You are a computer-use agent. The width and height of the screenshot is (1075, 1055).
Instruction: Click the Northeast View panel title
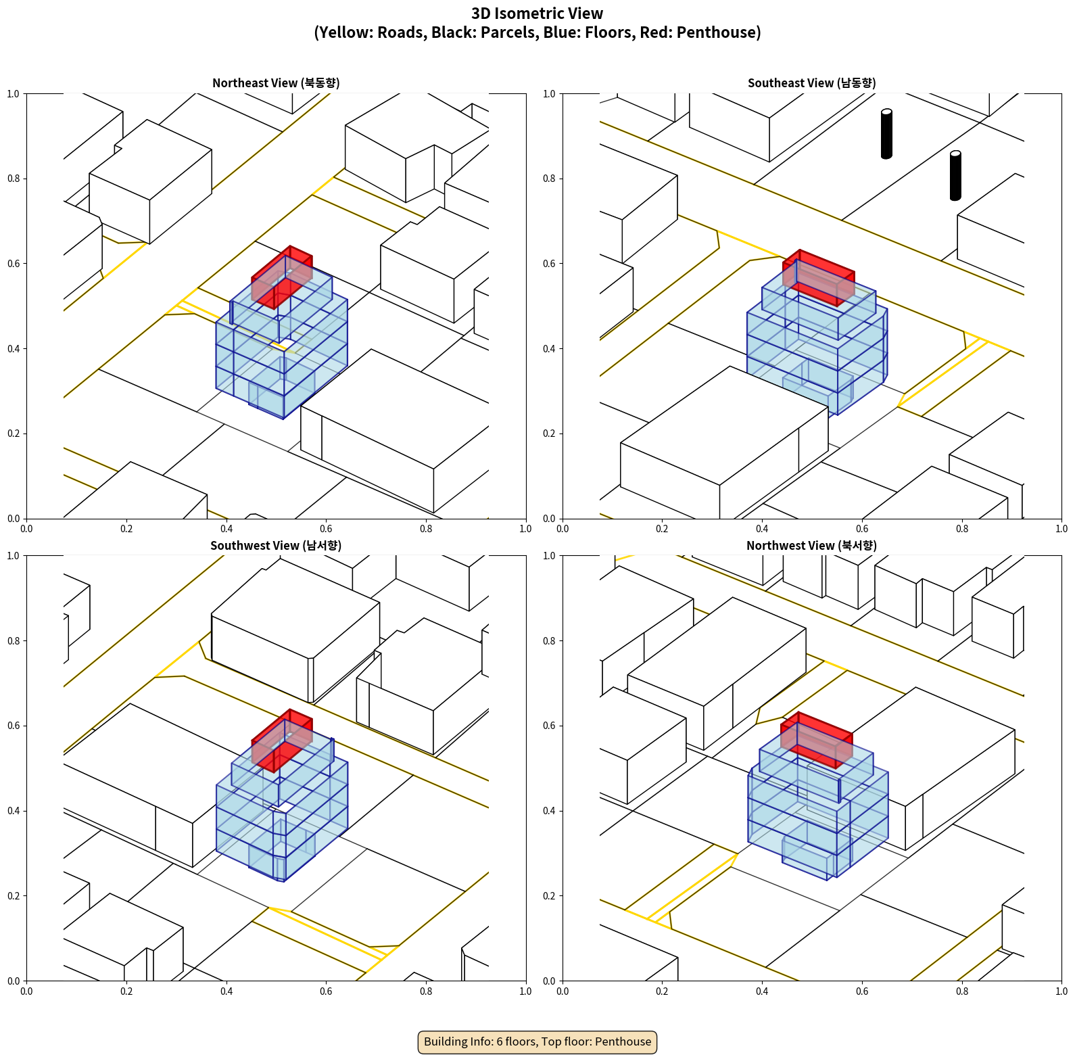point(276,83)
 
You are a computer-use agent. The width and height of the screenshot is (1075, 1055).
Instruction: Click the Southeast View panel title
point(811,83)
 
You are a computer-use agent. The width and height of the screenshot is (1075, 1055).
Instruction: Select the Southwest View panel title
point(276,546)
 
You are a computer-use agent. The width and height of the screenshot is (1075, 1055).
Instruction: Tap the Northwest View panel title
point(811,546)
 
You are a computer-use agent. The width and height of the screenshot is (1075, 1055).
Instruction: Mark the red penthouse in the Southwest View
point(282,741)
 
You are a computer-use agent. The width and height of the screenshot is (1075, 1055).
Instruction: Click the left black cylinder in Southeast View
point(886,134)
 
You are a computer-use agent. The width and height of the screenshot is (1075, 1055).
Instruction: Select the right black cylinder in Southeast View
point(955,176)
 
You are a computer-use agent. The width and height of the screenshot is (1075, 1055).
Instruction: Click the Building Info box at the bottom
point(537,1041)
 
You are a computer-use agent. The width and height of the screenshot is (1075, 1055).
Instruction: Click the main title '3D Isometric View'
point(537,14)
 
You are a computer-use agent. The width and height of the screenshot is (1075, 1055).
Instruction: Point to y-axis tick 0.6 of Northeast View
point(14,264)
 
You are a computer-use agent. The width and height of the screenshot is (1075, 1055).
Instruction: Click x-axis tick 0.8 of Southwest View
point(426,991)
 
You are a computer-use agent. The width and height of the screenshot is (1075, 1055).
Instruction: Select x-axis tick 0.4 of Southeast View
point(762,529)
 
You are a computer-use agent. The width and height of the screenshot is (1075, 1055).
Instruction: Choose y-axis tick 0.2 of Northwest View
point(550,896)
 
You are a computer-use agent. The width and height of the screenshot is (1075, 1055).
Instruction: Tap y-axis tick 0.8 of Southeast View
point(550,179)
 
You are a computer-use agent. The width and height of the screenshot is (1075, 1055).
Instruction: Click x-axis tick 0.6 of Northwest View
point(862,991)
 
